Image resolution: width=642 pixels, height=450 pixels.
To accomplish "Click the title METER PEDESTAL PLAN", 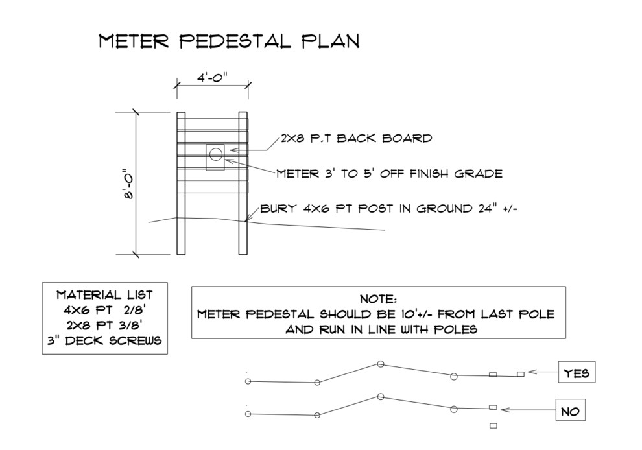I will [229, 41].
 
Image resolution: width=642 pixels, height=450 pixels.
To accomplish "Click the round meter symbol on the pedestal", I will [216, 154].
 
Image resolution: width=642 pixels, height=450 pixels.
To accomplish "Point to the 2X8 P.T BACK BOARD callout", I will [356, 138].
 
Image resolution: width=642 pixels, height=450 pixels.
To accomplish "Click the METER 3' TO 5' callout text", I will [389, 174].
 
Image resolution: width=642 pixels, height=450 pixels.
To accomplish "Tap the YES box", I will [577, 373].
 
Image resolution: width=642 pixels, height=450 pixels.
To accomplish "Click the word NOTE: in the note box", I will [378, 300].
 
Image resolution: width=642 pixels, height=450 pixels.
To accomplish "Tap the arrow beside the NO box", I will [525, 410].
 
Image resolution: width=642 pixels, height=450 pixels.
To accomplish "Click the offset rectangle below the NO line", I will [493, 425].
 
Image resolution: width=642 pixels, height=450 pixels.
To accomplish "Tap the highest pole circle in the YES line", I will [381, 364].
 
